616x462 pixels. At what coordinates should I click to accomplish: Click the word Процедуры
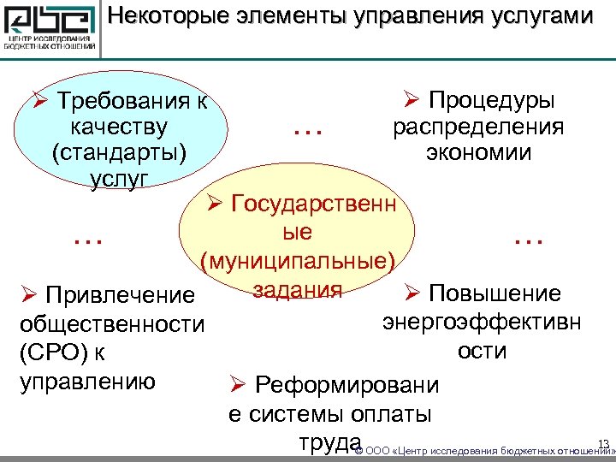[490, 100]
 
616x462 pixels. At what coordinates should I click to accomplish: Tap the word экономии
[478, 153]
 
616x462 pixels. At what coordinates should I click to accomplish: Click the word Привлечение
[121, 296]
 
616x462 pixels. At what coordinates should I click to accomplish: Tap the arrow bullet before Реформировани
[237, 386]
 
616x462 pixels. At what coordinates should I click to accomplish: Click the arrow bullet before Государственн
[214, 206]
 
